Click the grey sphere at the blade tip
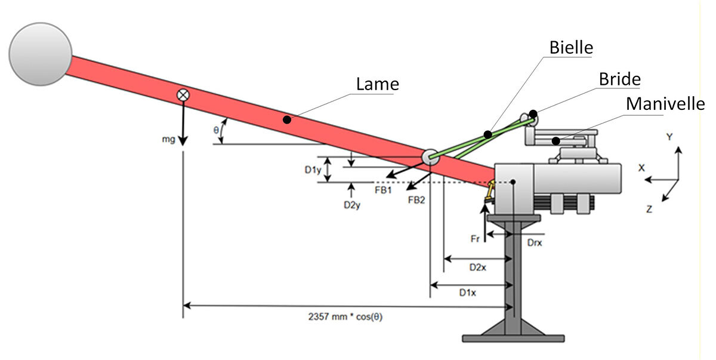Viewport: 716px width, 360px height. pyautogui.click(x=41, y=54)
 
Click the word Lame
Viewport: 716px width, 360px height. pyautogui.click(x=377, y=84)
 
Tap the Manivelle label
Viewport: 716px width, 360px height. pyautogui.click(x=665, y=104)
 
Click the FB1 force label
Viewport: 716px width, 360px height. pyautogui.click(x=382, y=190)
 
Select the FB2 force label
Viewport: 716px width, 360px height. pyautogui.click(x=416, y=199)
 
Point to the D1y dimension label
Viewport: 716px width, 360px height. pyautogui.click(x=313, y=170)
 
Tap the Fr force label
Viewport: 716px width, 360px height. pyautogui.click(x=476, y=238)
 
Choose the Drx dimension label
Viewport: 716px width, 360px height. pyautogui.click(x=535, y=244)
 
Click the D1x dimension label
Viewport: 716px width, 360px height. pyautogui.click(x=467, y=293)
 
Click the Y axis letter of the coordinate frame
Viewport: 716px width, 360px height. pyautogui.click(x=669, y=137)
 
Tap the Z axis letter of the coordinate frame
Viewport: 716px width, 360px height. pyautogui.click(x=649, y=209)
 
